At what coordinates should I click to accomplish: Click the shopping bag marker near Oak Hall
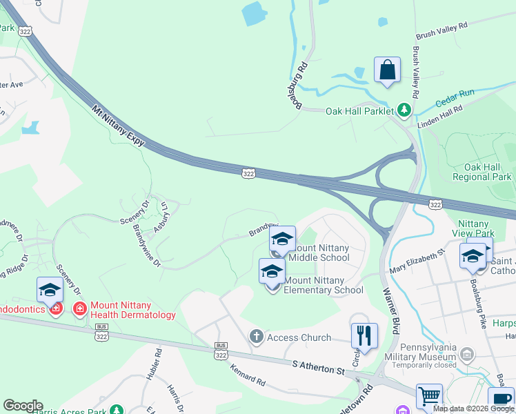[x=387, y=70]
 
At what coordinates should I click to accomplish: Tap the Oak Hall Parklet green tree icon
[x=404, y=110]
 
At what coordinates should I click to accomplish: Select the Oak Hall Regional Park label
[x=483, y=172]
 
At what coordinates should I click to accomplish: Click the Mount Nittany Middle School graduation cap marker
[x=281, y=239]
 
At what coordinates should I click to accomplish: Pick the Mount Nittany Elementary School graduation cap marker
[x=272, y=271]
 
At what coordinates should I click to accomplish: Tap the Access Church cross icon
[x=257, y=337]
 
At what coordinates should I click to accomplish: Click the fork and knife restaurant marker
[x=364, y=336]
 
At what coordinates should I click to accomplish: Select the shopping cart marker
[x=429, y=397]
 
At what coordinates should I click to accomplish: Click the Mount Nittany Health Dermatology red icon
[x=80, y=308]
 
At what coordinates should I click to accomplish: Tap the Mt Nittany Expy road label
[x=119, y=126]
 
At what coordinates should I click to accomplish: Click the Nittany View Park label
[x=485, y=229]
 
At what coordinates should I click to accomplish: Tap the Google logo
[x=23, y=406]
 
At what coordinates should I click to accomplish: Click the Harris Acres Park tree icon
[x=117, y=411]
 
